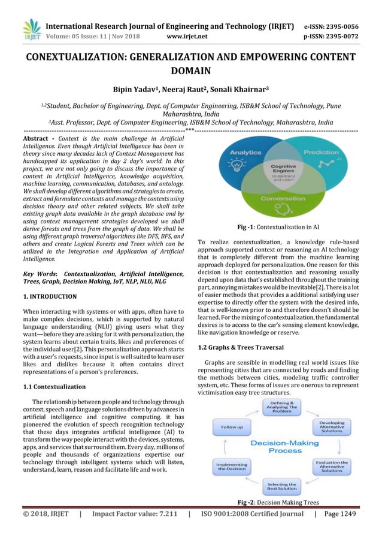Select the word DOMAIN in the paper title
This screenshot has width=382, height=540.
point(191,72)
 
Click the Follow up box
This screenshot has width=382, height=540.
point(231,427)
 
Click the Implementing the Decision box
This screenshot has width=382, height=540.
point(231,467)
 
